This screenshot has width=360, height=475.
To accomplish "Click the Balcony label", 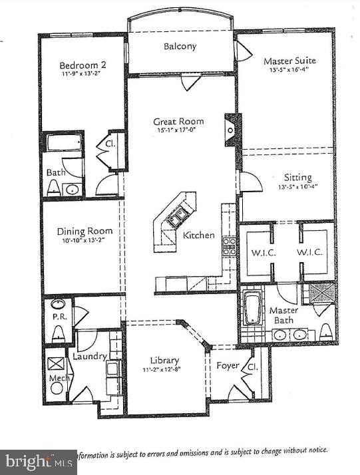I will click(x=180, y=47).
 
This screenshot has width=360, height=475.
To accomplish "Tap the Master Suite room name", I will click(x=289, y=61).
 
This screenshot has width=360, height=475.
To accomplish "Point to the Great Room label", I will click(x=178, y=122).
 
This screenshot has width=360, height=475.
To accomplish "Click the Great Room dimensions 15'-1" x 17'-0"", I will click(x=178, y=131).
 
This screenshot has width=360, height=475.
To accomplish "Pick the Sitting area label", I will click(x=297, y=178).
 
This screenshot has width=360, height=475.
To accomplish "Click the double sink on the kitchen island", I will click(x=177, y=217).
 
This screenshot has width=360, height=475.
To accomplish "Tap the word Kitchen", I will click(x=199, y=235).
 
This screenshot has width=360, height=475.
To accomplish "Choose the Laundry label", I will click(x=90, y=356).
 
